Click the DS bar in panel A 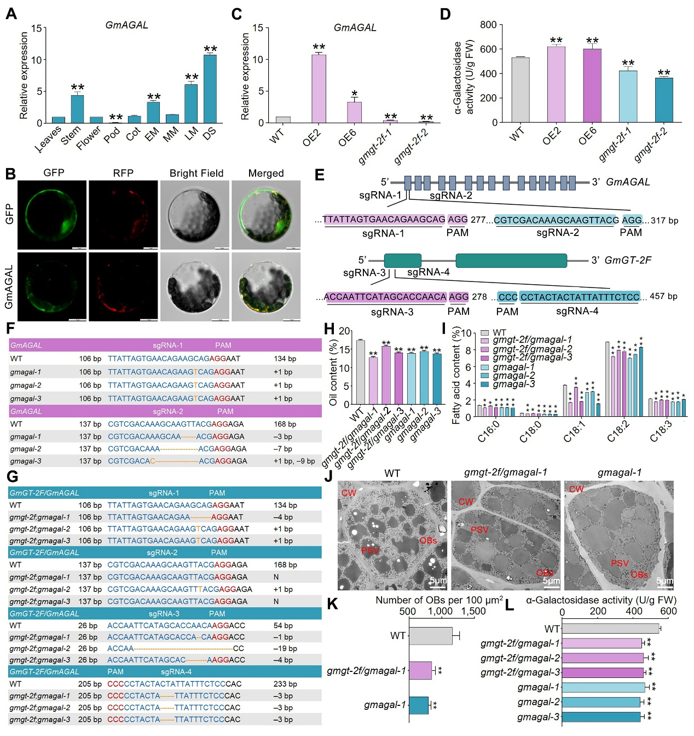[210, 89]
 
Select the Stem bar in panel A [77, 109]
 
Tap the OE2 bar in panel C [319, 89]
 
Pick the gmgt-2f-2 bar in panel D [663, 100]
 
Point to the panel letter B [10, 174]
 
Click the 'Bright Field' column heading [196, 174]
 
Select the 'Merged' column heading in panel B [266, 174]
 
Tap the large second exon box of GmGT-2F [511, 261]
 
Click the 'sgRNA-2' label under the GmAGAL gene [450, 196]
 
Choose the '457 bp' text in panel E [663, 296]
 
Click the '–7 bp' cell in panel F [283, 449]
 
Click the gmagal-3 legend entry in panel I [513, 384]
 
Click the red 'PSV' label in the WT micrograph [370, 550]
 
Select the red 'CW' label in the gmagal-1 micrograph [576, 489]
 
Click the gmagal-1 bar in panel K [419, 705]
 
